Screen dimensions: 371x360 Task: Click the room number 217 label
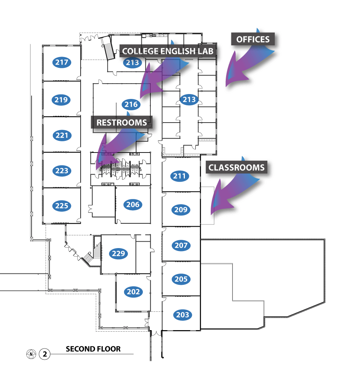[x=61, y=62]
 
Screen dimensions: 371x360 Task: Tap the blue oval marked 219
[x=61, y=100]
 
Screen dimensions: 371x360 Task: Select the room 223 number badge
[x=61, y=171]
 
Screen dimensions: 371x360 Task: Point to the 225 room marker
[x=61, y=205]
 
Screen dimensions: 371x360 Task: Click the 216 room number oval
[x=131, y=105]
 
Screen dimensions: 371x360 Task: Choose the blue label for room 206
[x=133, y=205]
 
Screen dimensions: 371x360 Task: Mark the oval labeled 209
[x=181, y=210]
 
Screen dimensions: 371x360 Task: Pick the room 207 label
[x=181, y=245]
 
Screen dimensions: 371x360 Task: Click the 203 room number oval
[x=183, y=315]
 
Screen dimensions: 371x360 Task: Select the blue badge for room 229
[x=118, y=254]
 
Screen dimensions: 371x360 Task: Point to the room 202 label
[x=133, y=292]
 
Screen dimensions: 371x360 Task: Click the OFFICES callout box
[x=253, y=39]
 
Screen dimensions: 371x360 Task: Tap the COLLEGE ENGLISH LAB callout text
[x=169, y=51]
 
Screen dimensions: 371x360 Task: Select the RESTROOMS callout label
[x=121, y=123]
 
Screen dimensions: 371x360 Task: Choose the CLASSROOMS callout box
[x=237, y=167]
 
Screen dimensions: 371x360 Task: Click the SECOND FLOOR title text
[x=93, y=349]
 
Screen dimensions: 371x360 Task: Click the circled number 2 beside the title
[x=45, y=354]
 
